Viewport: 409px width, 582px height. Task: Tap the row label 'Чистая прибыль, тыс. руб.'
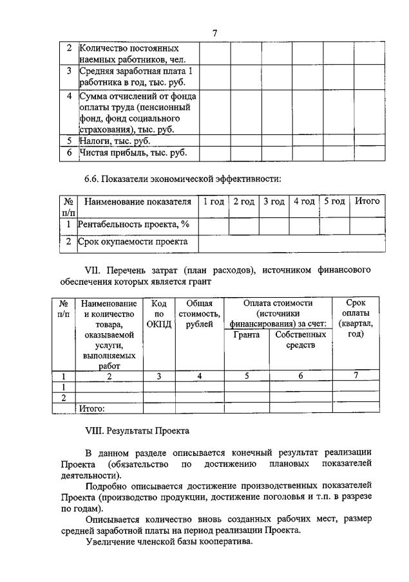tap(128, 152)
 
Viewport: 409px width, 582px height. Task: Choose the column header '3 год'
tap(274, 202)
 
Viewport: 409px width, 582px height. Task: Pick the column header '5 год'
tap(335, 202)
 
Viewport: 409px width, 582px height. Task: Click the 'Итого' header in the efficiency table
tap(368, 202)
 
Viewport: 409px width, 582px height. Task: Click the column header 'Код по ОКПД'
tap(158, 313)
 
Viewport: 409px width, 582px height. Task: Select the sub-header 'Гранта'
tap(247, 335)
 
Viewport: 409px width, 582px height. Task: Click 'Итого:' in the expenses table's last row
tap(91, 408)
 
